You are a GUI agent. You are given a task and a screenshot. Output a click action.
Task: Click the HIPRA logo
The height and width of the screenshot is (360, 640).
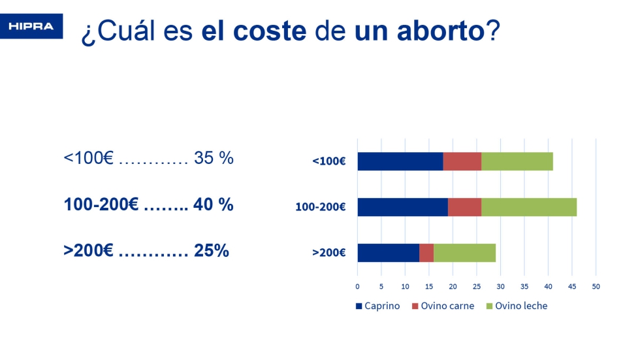[31, 26]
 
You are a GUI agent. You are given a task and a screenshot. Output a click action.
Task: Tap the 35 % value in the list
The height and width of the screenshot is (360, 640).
[214, 158]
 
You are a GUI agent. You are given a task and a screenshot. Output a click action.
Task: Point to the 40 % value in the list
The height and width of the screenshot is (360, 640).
[214, 205]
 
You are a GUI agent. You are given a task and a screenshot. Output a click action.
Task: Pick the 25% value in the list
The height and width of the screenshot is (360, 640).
[212, 250]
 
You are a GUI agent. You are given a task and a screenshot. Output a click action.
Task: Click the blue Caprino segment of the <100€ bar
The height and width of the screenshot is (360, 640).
[400, 161]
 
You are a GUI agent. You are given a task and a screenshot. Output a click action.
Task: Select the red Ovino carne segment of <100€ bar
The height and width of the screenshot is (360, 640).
[462, 161]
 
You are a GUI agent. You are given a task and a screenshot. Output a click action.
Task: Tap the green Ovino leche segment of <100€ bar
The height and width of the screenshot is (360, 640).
[517, 161]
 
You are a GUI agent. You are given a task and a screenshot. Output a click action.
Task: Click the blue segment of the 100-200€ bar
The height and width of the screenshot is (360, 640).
[402, 207]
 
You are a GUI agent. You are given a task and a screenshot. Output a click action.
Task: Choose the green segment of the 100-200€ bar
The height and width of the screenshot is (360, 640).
[529, 207]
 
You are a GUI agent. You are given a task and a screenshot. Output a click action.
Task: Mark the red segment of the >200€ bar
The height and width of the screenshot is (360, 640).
[426, 253]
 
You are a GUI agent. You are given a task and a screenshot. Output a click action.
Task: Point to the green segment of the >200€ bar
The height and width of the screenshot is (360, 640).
[464, 253]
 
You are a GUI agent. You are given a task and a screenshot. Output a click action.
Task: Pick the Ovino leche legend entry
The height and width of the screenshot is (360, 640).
[517, 306]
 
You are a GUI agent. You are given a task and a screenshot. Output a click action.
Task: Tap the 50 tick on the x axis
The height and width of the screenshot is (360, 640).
[596, 287]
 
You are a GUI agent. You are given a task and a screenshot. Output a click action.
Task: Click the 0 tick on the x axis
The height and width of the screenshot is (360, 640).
[357, 287]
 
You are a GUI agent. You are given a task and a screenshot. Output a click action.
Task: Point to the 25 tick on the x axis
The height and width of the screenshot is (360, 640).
[477, 287]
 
